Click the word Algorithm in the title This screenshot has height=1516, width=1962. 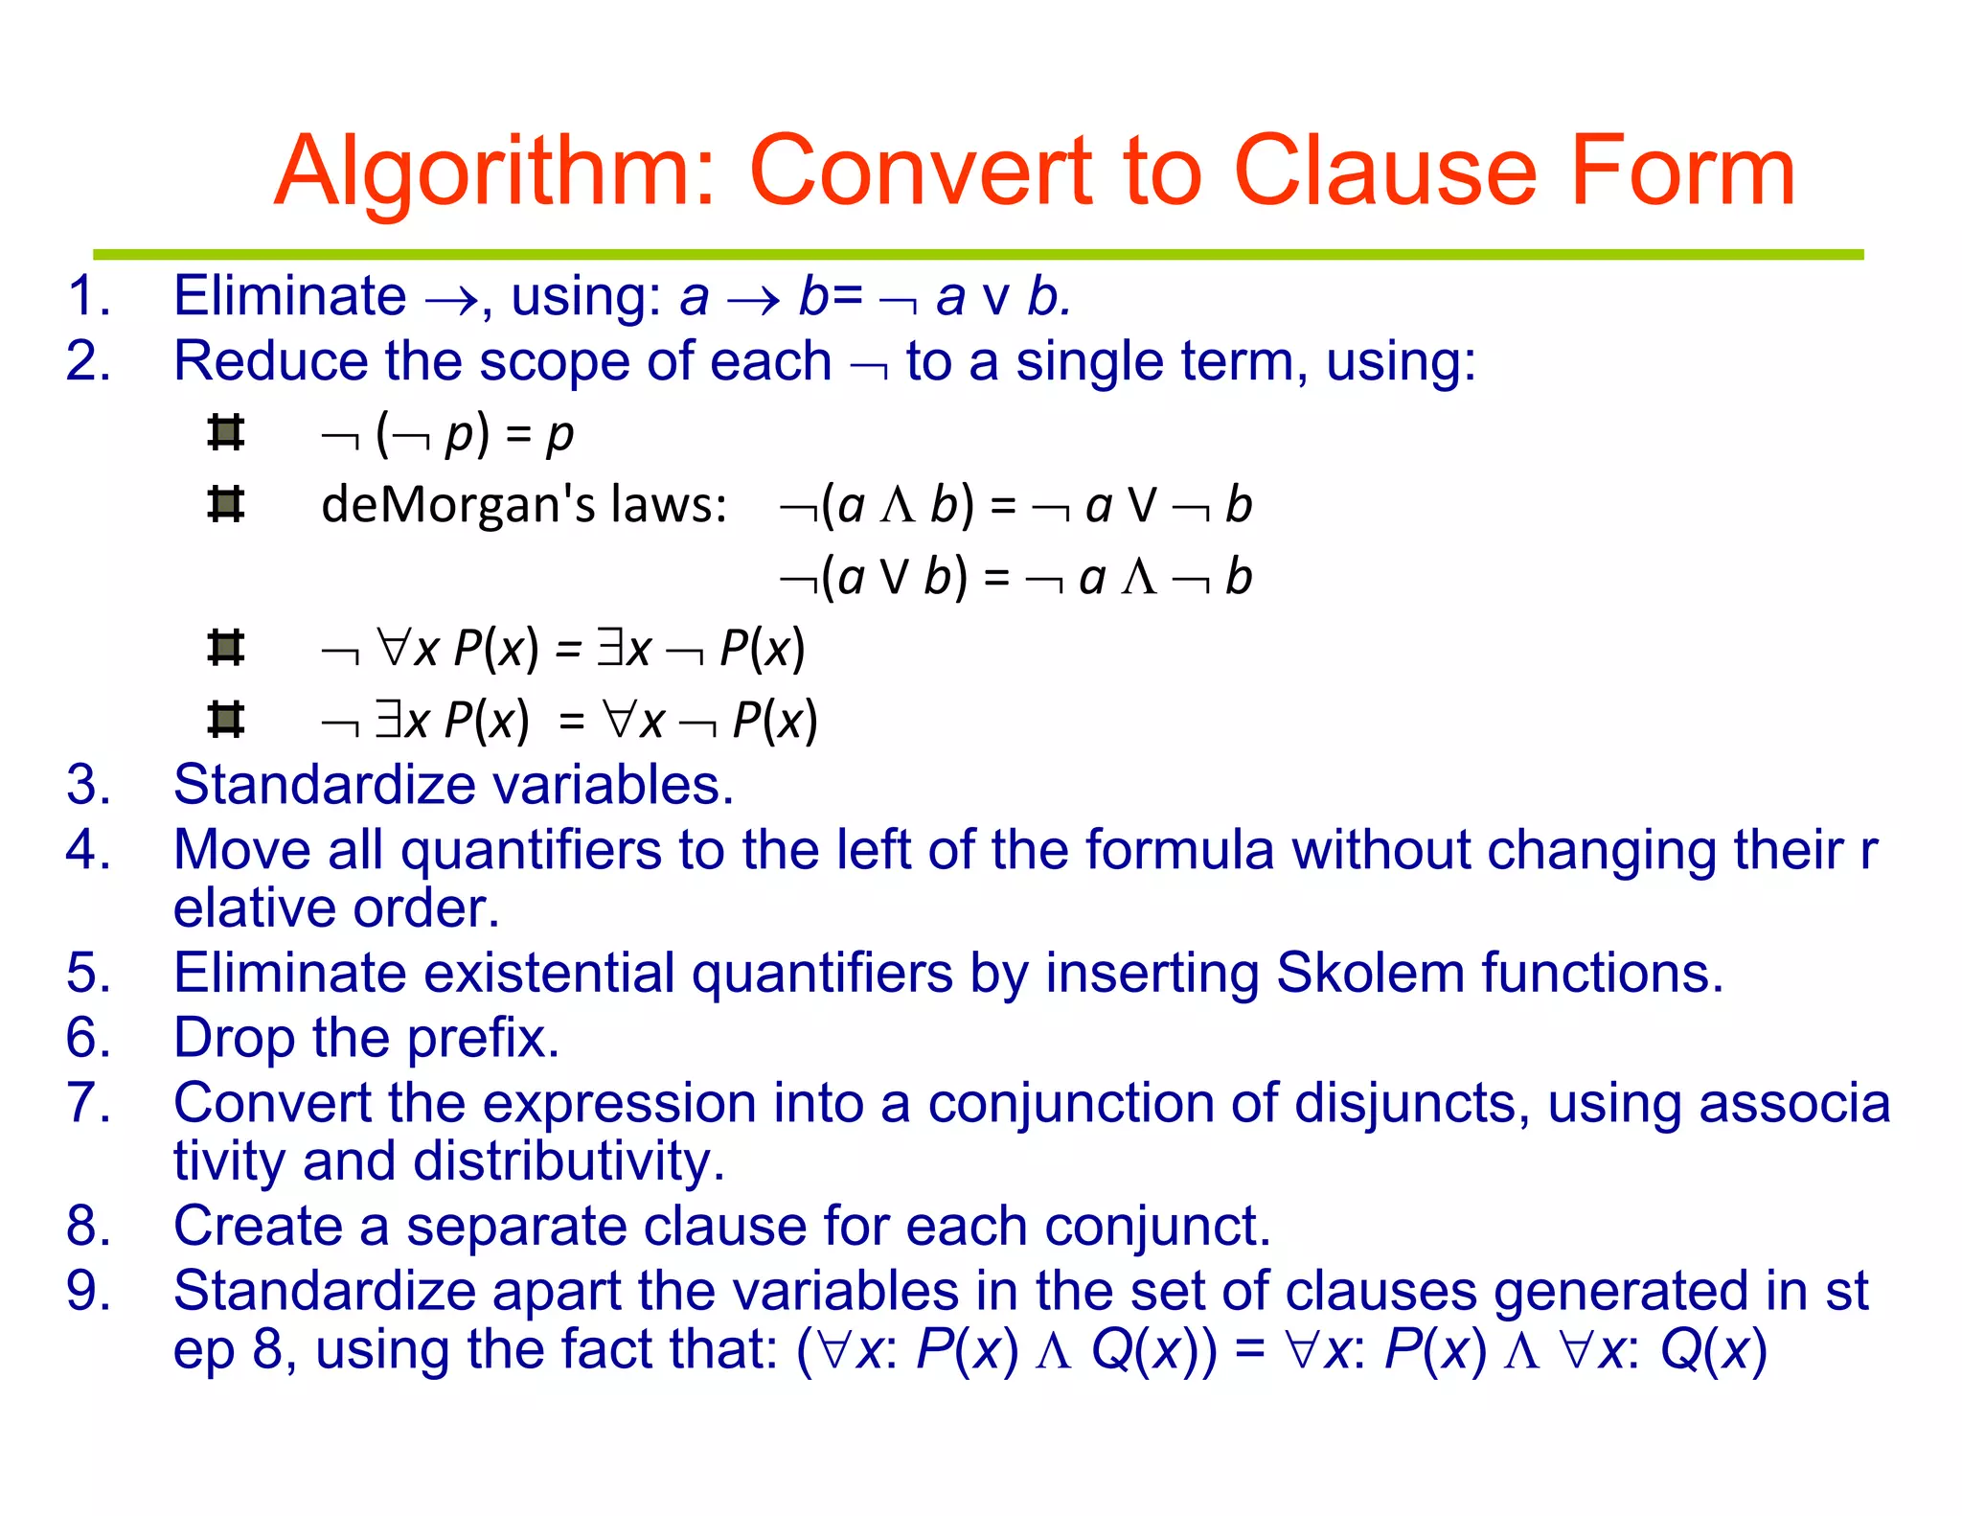(493, 172)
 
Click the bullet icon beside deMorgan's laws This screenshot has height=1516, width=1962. (226, 504)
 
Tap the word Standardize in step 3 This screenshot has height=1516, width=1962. (324, 785)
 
